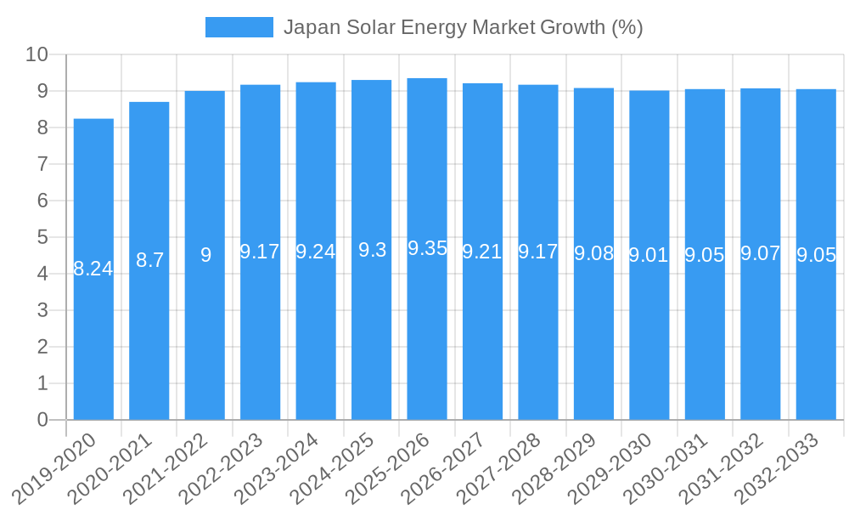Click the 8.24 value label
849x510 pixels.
point(93,269)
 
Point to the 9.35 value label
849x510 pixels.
point(427,248)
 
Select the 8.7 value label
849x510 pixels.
point(149,260)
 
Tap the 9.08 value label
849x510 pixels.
point(593,253)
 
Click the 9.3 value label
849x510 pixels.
point(372,250)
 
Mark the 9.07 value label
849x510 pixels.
point(760,253)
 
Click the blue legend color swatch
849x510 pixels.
point(239,27)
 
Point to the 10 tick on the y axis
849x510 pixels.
point(37,55)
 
